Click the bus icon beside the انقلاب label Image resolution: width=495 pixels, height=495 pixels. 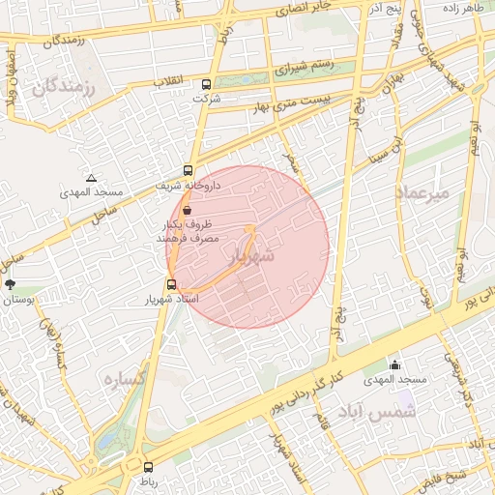pyautogui.click(x=205, y=83)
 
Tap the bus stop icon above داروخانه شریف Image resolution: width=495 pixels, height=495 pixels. pyautogui.click(x=188, y=169)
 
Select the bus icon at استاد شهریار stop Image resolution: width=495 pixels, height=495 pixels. pyautogui.click(x=171, y=284)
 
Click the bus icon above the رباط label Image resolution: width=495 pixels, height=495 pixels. pyautogui.click(x=147, y=466)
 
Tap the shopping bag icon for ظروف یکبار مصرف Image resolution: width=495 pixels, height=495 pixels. pyautogui.click(x=187, y=209)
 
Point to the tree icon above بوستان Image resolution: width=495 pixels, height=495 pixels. pyautogui.click(x=11, y=284)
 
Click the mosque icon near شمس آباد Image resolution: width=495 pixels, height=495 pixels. pyautogui.click(x=394, y=364)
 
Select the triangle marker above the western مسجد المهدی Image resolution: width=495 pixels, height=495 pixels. pyautogui.click(x=91, y=178)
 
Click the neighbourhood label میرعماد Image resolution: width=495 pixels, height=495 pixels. pyautogui.click(x=422, y=193)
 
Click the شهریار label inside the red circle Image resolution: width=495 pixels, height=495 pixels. pyautogui.click(x=253, y=256)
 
